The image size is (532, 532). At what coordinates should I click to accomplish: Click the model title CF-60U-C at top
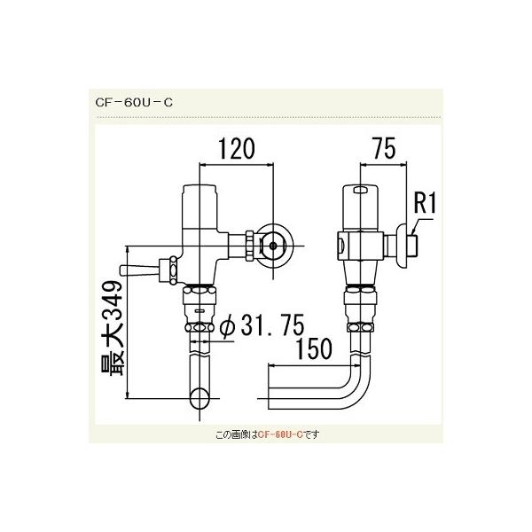pyautogui.click(x=133, y=101)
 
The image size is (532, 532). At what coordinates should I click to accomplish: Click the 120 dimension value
pyautogui.click(x=237, y=148)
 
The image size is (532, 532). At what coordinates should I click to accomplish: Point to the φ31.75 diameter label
pyautogui.click(x=263, y=328)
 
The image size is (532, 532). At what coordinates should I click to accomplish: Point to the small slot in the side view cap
pyautogui.click(x=360, y=191)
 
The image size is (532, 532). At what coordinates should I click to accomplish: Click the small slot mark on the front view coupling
pyautogui.click(x=202, y=312)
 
